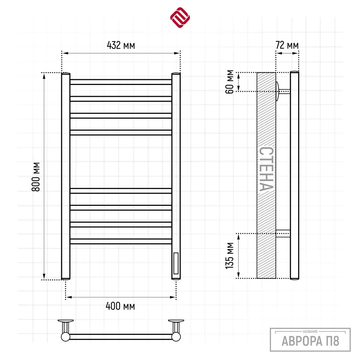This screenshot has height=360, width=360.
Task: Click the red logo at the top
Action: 180,17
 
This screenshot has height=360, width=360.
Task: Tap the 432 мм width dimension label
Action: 121,45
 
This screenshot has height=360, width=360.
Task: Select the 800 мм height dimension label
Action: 36,177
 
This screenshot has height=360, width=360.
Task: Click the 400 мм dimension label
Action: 120,306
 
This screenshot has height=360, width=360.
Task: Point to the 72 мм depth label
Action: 287,45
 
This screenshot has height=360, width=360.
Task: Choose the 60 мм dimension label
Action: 229,82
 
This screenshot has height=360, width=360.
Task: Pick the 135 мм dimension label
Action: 229,256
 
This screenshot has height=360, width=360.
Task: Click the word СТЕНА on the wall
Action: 266,169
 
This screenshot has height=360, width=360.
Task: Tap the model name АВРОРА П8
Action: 310,341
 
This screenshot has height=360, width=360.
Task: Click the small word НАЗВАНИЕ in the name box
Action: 310,332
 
